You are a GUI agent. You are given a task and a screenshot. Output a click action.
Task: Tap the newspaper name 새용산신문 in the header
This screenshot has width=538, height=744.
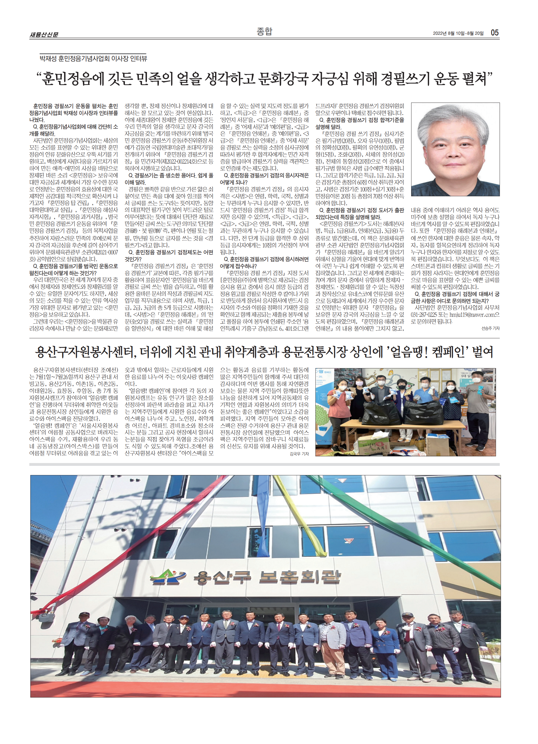pos(44,35)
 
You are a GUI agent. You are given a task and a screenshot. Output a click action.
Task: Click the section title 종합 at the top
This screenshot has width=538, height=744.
pos(264,31)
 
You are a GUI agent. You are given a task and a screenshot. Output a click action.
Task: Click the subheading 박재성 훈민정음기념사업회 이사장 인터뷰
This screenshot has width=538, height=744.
pos(93,59)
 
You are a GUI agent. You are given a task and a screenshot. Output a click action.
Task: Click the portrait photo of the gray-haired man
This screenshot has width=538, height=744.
pos(455,149)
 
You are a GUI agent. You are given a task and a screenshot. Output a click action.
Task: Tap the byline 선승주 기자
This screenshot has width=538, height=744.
pos(490,328)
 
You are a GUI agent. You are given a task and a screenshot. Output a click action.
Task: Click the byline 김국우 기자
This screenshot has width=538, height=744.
pos(299,454)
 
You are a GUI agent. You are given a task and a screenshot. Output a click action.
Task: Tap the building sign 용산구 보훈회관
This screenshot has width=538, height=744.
pos(267,578)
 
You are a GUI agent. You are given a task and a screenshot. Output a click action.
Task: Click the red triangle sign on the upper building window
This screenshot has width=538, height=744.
pos(348,541)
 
